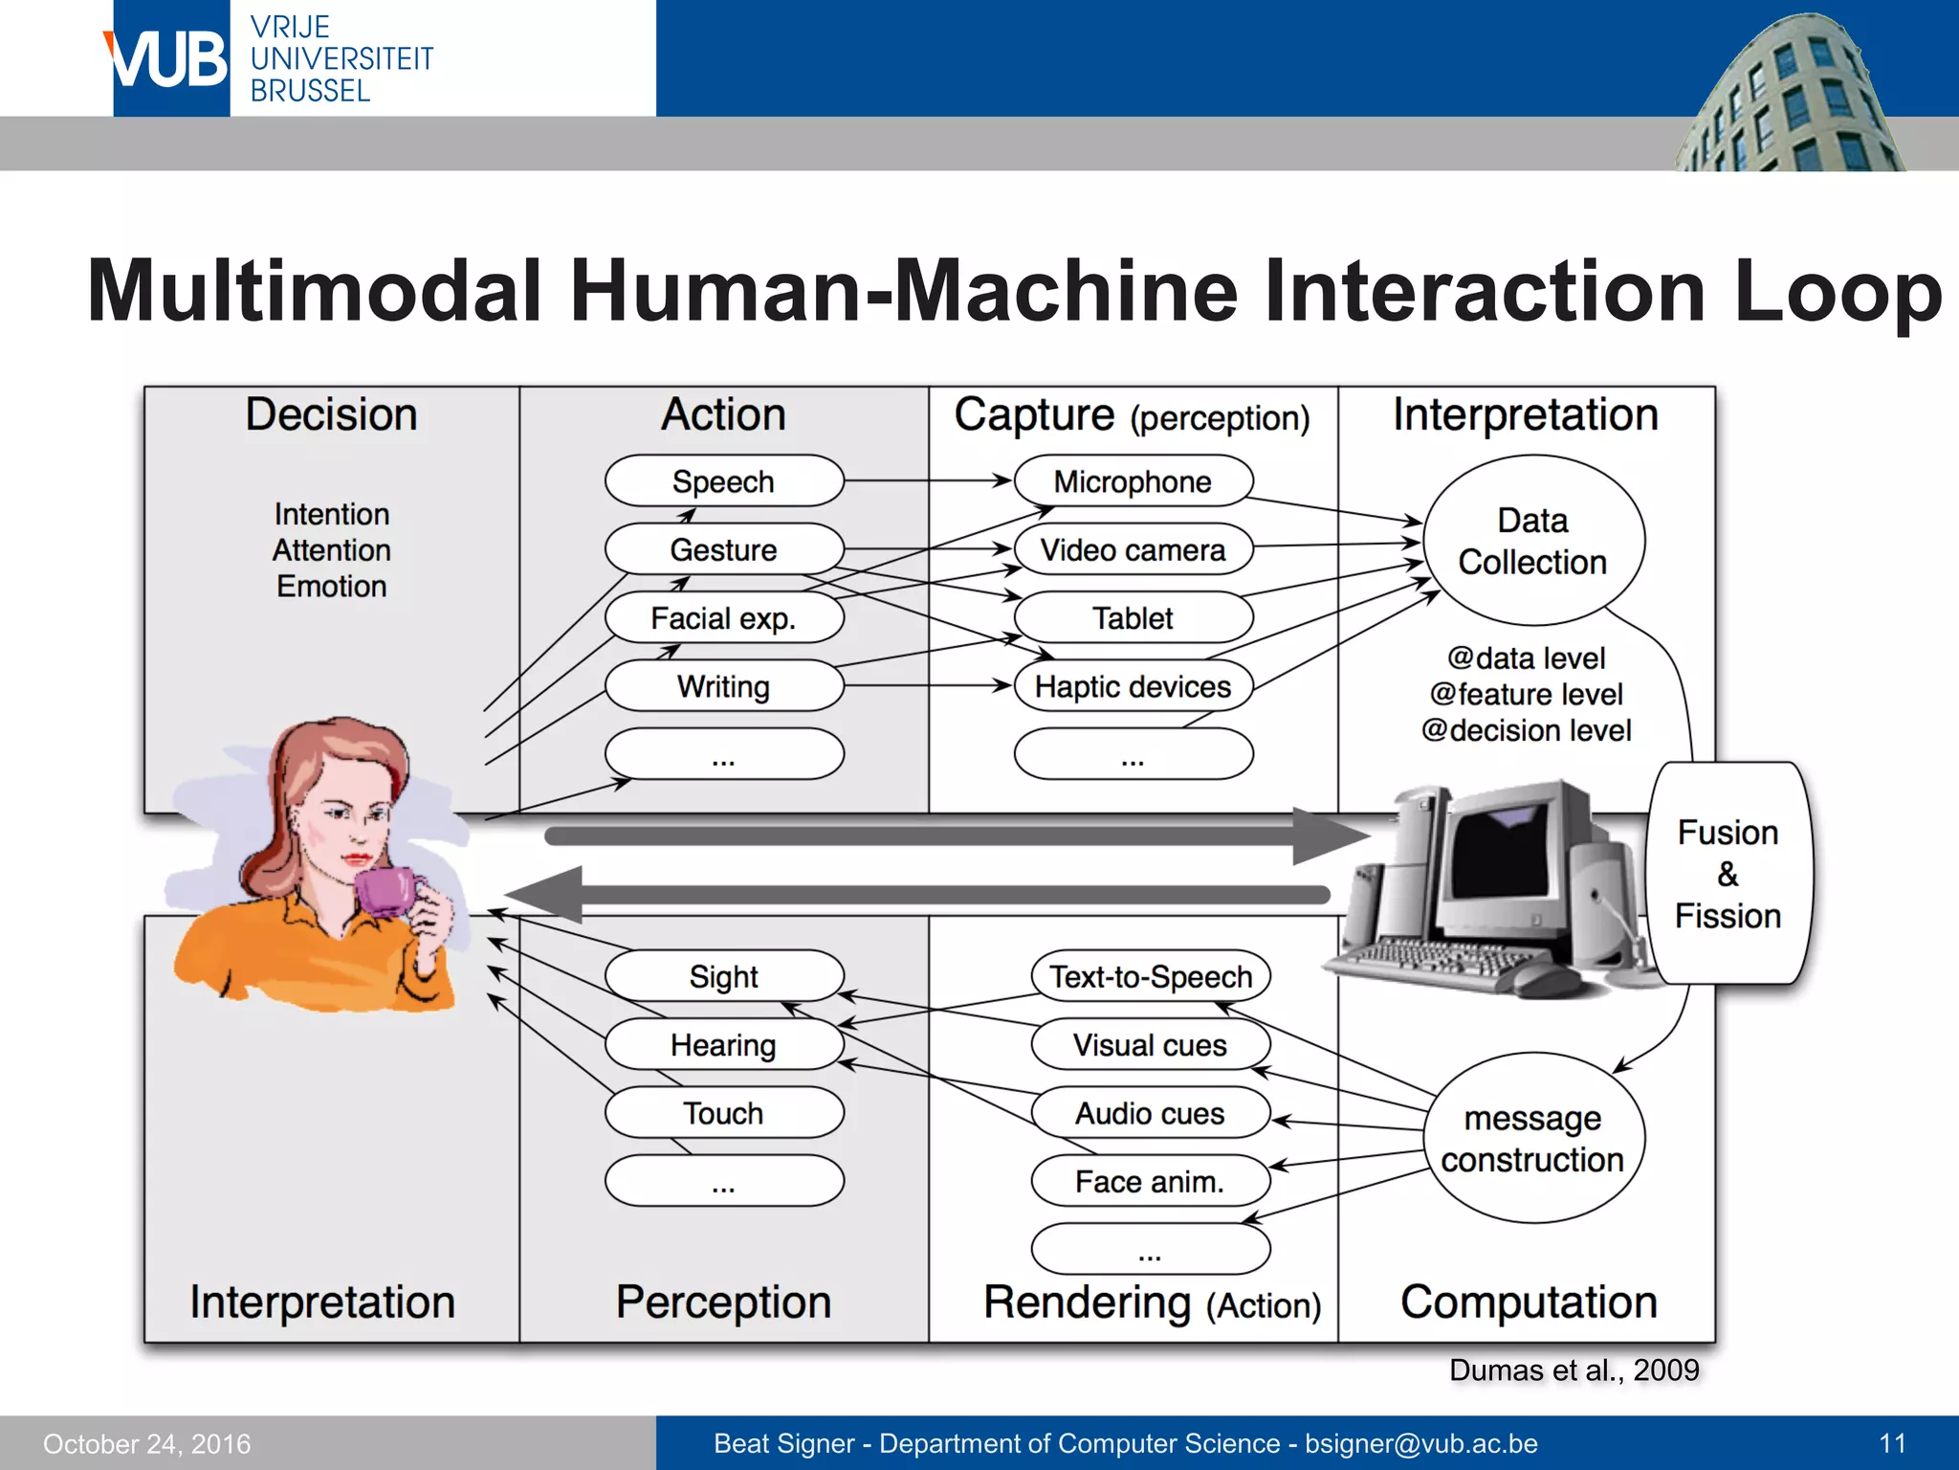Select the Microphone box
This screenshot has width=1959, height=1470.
(x=1133, y=481)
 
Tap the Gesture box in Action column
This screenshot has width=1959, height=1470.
(x=724, y=549)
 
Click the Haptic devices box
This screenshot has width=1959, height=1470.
(x=1133, y=686)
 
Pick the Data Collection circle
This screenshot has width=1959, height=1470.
(x=1532, y=541)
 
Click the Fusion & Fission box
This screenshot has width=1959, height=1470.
(x=1728, y=874)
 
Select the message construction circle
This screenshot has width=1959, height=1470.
(x=1532, y=1138)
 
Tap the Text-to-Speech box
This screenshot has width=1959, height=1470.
(x=1150, y=976)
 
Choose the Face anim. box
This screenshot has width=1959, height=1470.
(x=1150, y=1181)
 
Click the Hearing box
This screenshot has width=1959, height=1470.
(x=724, y=1044)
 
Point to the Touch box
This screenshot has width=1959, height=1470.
(x=724, y=1113)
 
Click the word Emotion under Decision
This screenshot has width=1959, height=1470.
(x=332, y=586)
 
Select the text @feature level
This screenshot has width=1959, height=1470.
(x=1527, y=694)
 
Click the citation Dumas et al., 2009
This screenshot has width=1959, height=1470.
(x=1574, y=1370)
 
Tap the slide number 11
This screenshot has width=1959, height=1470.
(x=1892, y=1443)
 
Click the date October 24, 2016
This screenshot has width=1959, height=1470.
(x=146, y=1443)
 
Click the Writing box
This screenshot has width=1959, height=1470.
(x=724, y=686)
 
